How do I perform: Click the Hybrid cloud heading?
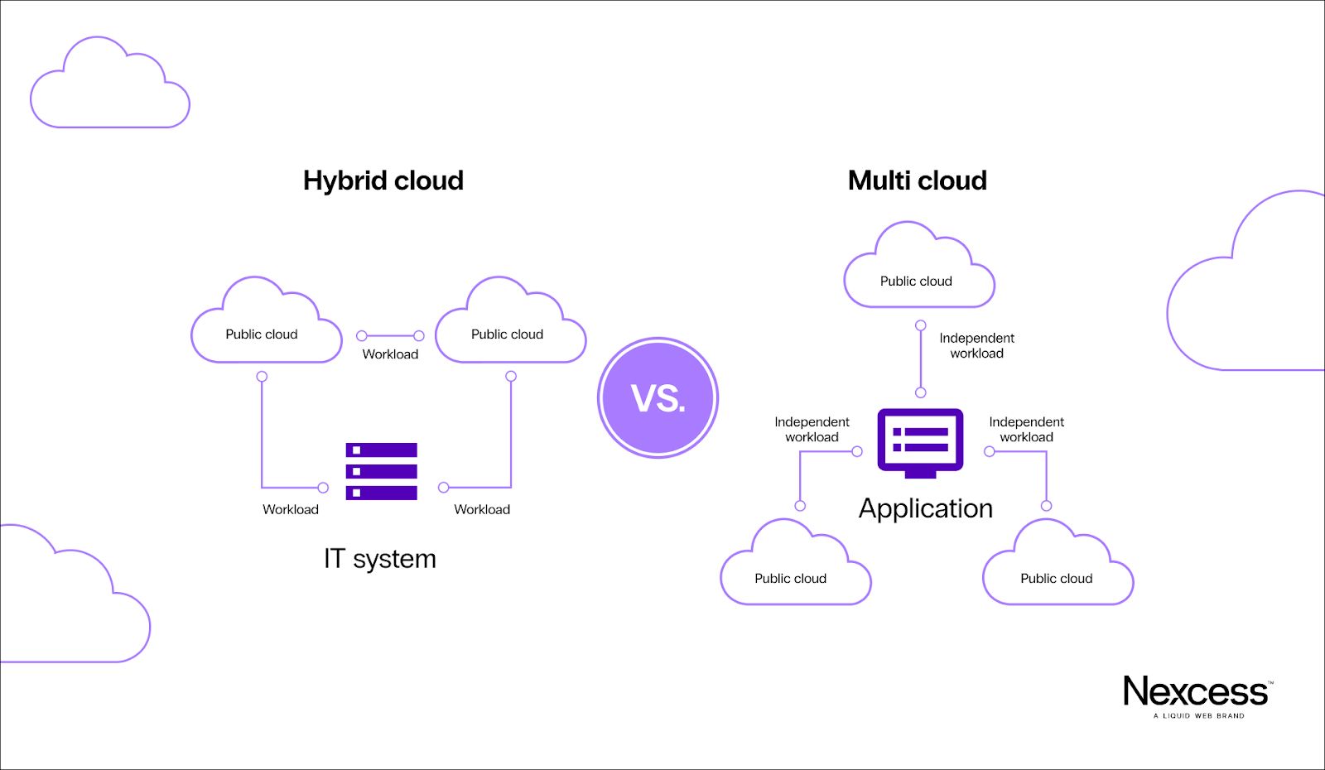(x=383, y=180)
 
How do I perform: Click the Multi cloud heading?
(x=917, y=180)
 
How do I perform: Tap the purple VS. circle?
(x=658, y=398)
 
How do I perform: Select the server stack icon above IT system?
(x=381, y=471)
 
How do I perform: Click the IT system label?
(x=379, y=559)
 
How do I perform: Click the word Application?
(x=925, y=508)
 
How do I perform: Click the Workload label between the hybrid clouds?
(x=390, y=354)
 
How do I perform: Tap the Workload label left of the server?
(x=291, y=510)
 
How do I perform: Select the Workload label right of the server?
(x=482, y=510)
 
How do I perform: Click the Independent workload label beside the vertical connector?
(x=976, y=346)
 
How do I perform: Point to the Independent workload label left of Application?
(x=812, y=430)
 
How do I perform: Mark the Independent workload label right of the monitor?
(x=1026, y=430)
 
